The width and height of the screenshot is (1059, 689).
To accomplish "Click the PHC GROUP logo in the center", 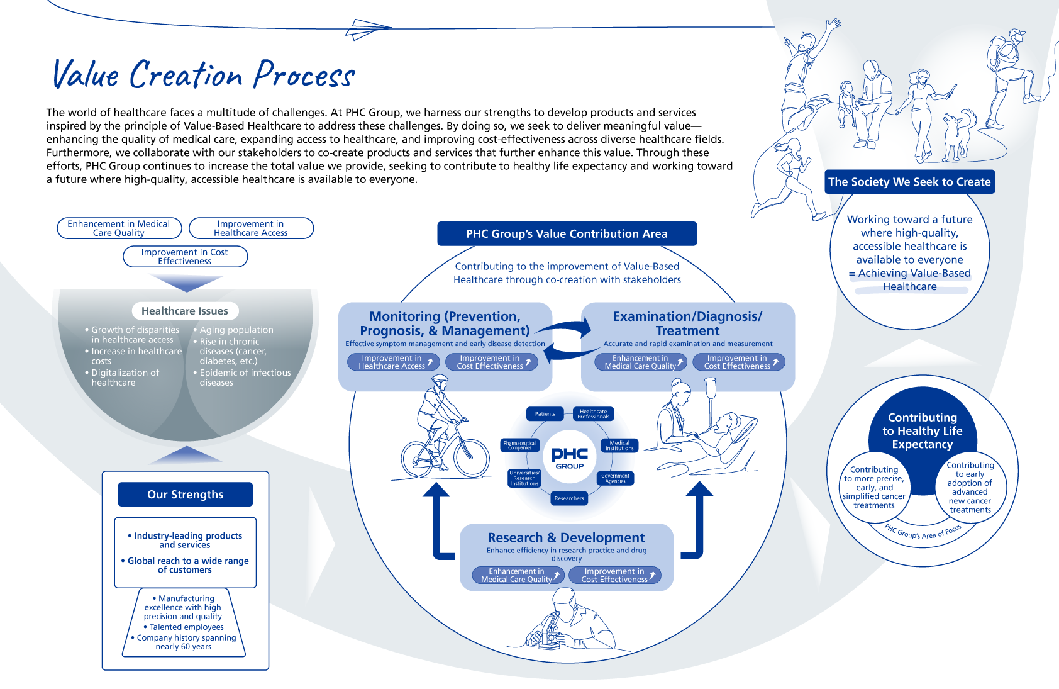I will [569, 457].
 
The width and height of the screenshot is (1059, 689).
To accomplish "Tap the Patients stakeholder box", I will [545, 413].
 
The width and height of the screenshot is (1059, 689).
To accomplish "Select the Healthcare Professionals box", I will [593, 414].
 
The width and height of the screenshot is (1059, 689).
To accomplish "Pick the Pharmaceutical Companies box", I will [519, 445].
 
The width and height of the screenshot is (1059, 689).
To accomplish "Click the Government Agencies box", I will [615, 478].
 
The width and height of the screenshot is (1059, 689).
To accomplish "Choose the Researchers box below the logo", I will [569, 498].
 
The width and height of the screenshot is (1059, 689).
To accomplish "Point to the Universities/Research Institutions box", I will [524, 478].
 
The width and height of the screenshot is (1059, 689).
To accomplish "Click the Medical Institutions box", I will [619, 445].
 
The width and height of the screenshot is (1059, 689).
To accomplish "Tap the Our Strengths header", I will [185, 495].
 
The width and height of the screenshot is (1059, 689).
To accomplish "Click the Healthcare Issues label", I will [185, 311].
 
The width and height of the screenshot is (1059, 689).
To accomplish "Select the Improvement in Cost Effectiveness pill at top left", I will [185, 257].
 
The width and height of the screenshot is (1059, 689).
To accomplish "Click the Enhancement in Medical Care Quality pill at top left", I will [119, 228].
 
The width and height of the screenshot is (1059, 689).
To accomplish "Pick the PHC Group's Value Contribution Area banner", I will [567, 234].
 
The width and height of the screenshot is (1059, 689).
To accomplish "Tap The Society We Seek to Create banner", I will [909, 182].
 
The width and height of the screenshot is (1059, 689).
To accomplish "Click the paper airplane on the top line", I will [368, 28].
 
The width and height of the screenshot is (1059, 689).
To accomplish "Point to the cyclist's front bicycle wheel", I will [471, 457].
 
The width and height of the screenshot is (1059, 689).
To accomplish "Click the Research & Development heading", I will [566, 538].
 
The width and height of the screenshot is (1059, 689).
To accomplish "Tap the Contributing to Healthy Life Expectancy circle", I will [922, 431].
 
